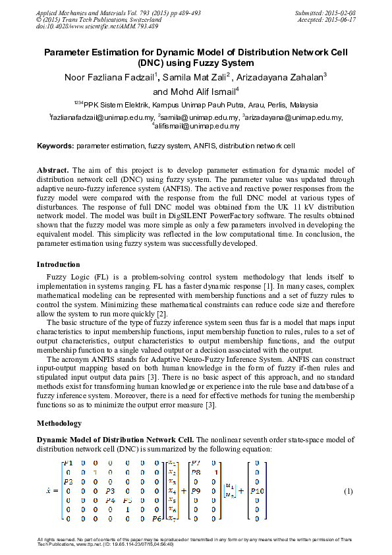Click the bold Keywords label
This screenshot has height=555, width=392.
point(55,145)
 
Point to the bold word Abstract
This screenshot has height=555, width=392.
point(53,170)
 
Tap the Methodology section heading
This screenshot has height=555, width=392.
point(59,423)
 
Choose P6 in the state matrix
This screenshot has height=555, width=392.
point(156,519)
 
